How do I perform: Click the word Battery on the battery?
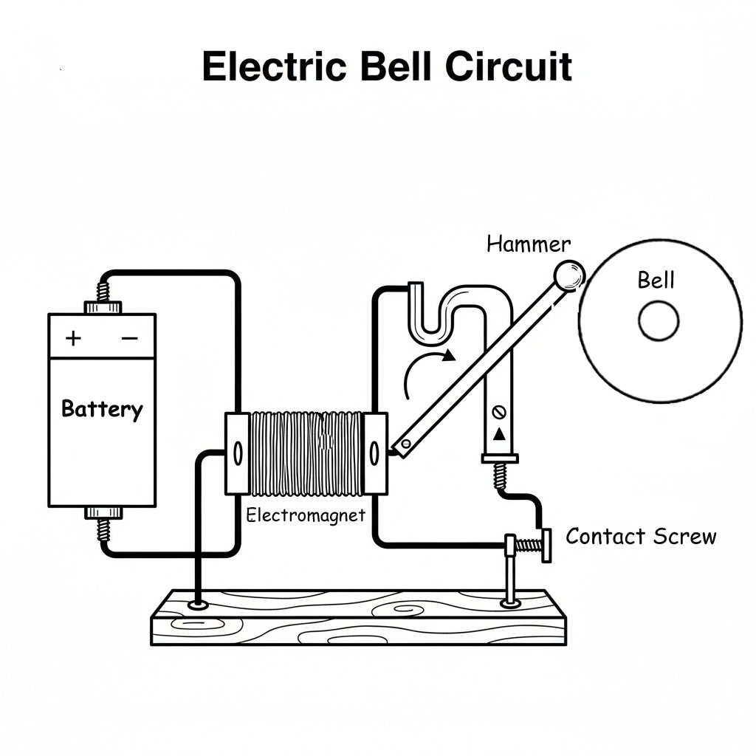tap(102, 408)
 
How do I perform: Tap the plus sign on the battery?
tap(73, 338)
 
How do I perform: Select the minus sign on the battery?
tap(130, 338)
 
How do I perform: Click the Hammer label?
tap(528, 244)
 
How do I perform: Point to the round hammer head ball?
tap(569, 276)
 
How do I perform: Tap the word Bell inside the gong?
tap(656, 280)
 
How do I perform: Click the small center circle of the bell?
tap(659, 323)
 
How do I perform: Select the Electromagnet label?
tap(306, 515)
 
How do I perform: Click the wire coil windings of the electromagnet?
tap(307, 453)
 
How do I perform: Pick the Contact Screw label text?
tap(640, 536)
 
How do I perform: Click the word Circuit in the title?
tap(509, 67)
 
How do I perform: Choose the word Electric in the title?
tap(274, 67)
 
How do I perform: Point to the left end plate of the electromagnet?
tap(238, 453)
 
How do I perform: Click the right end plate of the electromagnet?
tap(376, 453)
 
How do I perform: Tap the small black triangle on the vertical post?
tap(500, 434)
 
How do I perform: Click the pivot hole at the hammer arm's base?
tap(405, 444)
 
